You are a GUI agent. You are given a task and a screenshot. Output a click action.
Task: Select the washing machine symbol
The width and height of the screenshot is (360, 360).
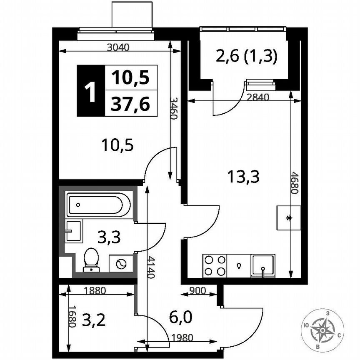click(121, 264)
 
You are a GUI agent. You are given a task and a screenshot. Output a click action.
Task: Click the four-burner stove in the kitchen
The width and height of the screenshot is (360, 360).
click(215, 265)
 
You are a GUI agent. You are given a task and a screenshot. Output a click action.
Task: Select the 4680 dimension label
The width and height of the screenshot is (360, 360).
click(295, 183)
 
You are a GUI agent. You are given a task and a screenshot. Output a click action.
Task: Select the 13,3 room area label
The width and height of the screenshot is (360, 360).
click(244, 177)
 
